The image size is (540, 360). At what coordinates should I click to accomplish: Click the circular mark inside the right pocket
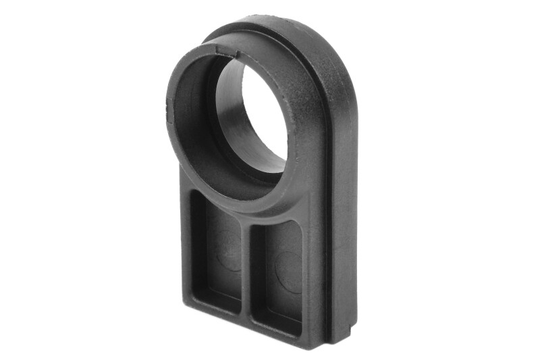287,270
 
